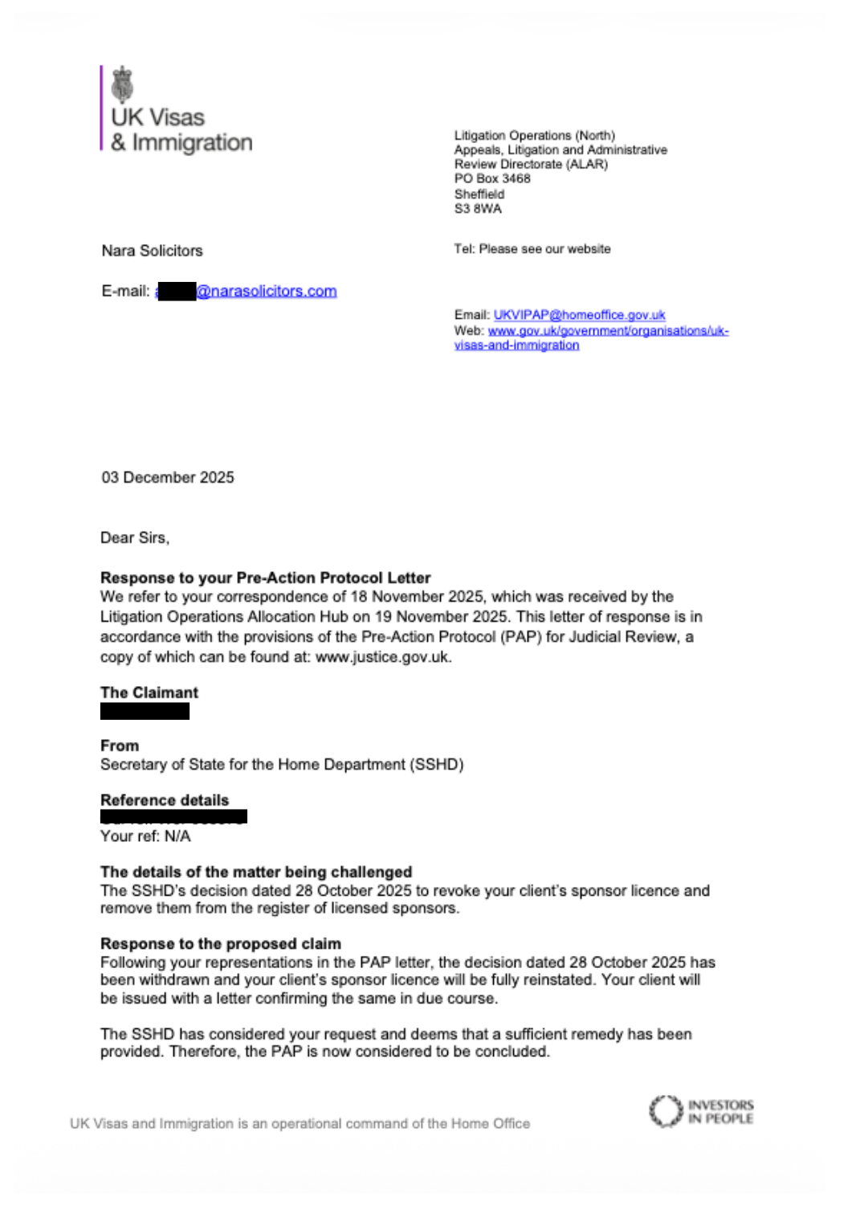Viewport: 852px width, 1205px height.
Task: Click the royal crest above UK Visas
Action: click(122, 84)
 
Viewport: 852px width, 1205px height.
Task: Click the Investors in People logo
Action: click(701, 1112)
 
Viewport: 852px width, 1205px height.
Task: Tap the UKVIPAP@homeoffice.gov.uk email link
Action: click(579, 315)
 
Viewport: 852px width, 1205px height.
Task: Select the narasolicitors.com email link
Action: click(266, 292)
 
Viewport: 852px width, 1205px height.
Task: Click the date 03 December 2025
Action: click(168, 478)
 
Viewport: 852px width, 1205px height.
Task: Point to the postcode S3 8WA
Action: click(478, 209)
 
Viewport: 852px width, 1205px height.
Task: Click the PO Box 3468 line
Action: click(492, 178)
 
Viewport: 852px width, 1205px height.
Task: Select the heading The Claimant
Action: click(149, 692)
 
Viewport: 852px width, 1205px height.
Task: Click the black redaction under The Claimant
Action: click(145, 711)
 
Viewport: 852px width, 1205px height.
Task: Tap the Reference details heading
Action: click(165, 800)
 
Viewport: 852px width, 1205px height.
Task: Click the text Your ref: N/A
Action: click(145, 836)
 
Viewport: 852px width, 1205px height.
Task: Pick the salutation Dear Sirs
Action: click(135, 538)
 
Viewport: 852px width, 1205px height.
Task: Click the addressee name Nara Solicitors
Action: click(152, 251)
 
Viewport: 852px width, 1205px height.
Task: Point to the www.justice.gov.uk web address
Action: click(382, 657)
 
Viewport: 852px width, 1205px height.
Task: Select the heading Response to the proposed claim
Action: click(221, 944)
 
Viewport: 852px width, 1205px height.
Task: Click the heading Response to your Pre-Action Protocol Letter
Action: click(265, 578)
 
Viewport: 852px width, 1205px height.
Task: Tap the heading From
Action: click(120, 745)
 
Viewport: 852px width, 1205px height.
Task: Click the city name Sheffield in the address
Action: click(479, 194)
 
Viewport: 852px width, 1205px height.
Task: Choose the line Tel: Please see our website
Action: click(532, 249)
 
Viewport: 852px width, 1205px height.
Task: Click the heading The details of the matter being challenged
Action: click(256, 872)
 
